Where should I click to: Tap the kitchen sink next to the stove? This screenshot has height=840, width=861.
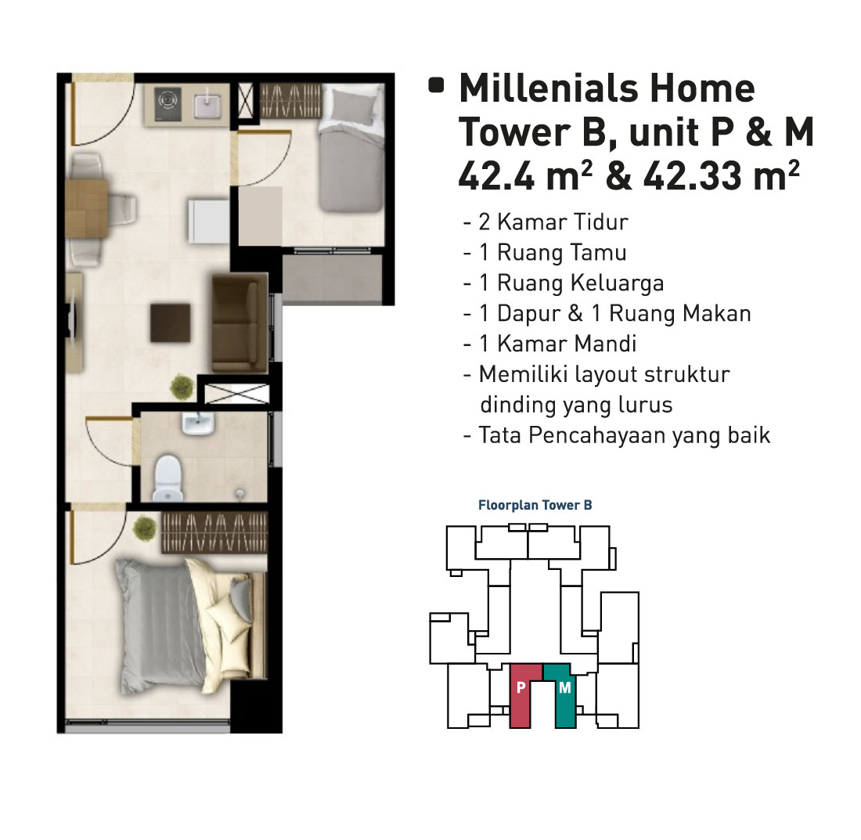(x=208, y=105)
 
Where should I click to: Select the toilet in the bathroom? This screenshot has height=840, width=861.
(x=168, y=479)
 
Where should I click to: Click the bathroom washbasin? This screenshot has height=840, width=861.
(x=198, y=424)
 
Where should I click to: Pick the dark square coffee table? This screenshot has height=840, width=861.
(x=171, y=323)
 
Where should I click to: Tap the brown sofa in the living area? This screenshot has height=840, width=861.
(x=240, y=324)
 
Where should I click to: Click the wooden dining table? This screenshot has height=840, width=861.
(x=87, y=208)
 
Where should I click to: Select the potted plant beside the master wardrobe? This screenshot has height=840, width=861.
(x=145, y=528)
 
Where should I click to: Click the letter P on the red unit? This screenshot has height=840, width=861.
(x=521, y=687)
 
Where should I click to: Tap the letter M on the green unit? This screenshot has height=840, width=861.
(x=565, y=687)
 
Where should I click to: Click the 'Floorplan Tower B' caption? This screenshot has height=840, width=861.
(x=535, y=505)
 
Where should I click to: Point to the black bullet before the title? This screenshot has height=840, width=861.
(x=436, y=85)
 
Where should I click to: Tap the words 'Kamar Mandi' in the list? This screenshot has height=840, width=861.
(x=567, y=344)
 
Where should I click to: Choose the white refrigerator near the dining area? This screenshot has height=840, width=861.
(x=209, y=221)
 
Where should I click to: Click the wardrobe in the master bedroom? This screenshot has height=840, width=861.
(x=214, y=532)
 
